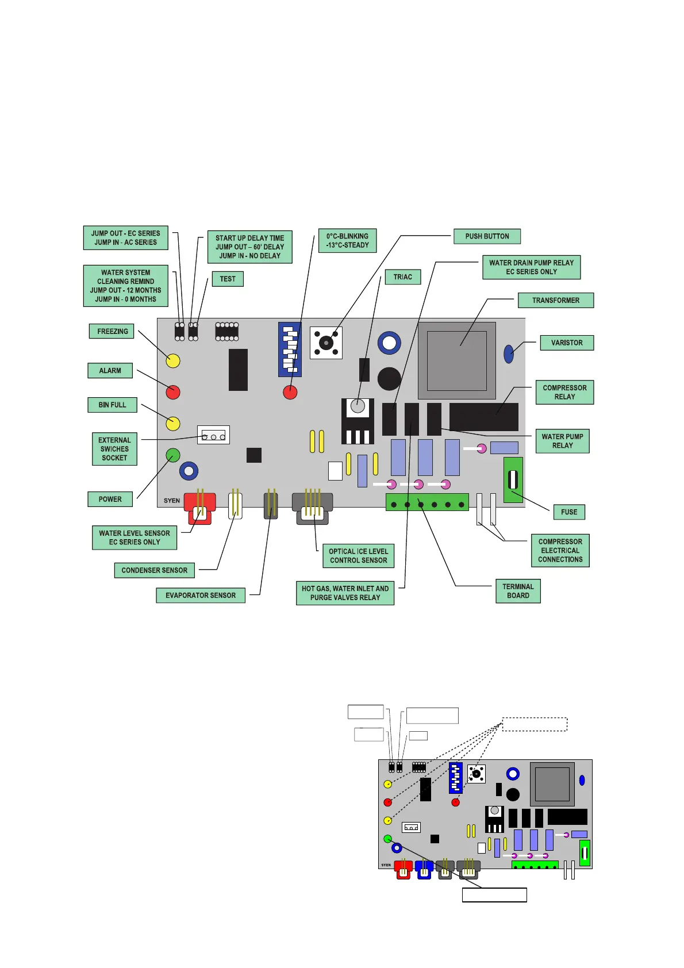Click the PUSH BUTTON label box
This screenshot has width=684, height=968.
tap(487, 236)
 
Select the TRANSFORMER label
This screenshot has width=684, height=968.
tap(555, 300)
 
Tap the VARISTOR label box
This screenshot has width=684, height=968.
tap(567, 343)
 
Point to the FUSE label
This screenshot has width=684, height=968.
tap(569, 512)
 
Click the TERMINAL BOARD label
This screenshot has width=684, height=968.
tap(518, 591)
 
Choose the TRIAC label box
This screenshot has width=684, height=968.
tap(402, 277)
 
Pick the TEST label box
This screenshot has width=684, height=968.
tap(228, 279)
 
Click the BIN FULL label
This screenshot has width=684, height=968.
tap(112, 405)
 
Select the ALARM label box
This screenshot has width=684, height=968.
tap(110, 371)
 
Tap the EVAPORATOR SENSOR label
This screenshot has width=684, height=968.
tap(201, 595)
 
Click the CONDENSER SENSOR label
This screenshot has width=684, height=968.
tap(154, 570)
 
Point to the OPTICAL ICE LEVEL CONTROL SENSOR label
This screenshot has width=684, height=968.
tap(358, 556)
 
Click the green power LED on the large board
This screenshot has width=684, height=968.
tap(173, 456)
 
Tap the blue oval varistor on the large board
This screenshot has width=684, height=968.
tap(509, 354)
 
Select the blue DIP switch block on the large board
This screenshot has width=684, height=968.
tap(290, 349)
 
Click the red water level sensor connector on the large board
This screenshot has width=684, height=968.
tap(199, 506)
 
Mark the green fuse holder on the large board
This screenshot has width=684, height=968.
tap(513, 479)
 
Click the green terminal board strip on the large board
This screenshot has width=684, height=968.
tap(427, 502)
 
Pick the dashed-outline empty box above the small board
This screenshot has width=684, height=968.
tap(535, 724)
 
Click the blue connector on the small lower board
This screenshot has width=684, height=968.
tap(424, 869)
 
